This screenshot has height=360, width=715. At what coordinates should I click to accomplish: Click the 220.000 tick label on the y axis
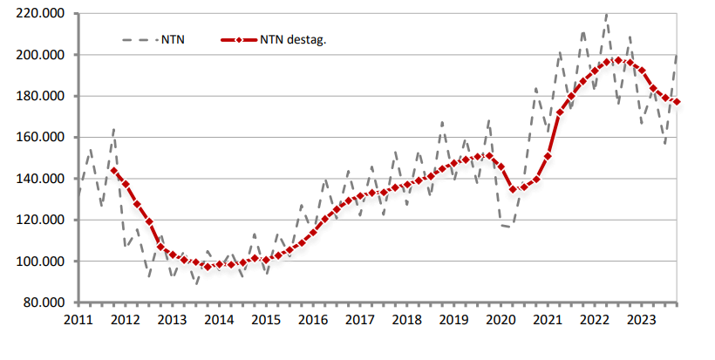point(40,14)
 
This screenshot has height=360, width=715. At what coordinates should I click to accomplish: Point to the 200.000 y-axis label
point(40,55)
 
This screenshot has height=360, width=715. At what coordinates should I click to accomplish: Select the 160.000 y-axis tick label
point(40,138)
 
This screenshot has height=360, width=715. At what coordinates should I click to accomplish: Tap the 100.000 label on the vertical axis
point(40,262)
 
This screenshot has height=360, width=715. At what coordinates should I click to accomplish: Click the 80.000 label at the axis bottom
point(43,302)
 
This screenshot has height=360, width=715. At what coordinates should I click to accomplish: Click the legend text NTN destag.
point(293,40)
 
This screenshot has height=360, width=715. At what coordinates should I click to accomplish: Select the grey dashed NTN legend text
point(172,40)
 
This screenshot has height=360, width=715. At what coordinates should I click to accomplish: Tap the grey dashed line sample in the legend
point(138,40)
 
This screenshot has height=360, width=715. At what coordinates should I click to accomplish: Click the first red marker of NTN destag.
point(113,170)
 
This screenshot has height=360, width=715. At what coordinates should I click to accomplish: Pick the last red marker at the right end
point(677,103)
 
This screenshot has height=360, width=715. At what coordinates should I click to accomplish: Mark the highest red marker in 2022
point(618,60)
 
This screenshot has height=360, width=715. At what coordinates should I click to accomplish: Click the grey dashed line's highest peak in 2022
point(606,15)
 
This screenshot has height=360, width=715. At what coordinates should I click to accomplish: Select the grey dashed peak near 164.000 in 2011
point(113,130)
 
